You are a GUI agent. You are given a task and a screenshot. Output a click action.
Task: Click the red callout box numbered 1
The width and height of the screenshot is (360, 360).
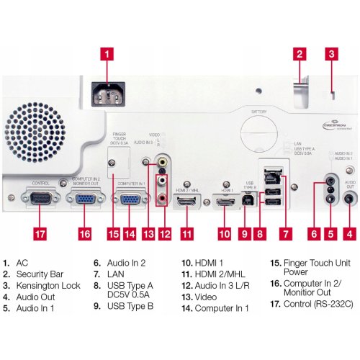click(x=106, y=53)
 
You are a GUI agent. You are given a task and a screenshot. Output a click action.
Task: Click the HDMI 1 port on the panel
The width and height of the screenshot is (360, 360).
click(x=224, y=204)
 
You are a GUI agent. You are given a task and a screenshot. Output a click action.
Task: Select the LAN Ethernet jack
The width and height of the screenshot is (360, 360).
click(x=274, y=174)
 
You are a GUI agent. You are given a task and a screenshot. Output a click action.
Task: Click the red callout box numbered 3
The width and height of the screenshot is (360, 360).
click(x=331, y=53)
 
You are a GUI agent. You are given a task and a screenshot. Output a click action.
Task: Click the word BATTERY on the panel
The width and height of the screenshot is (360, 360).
click(x=259, y=112)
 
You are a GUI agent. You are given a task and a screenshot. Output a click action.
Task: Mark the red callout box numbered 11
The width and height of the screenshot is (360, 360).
click(x=187, y=234)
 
